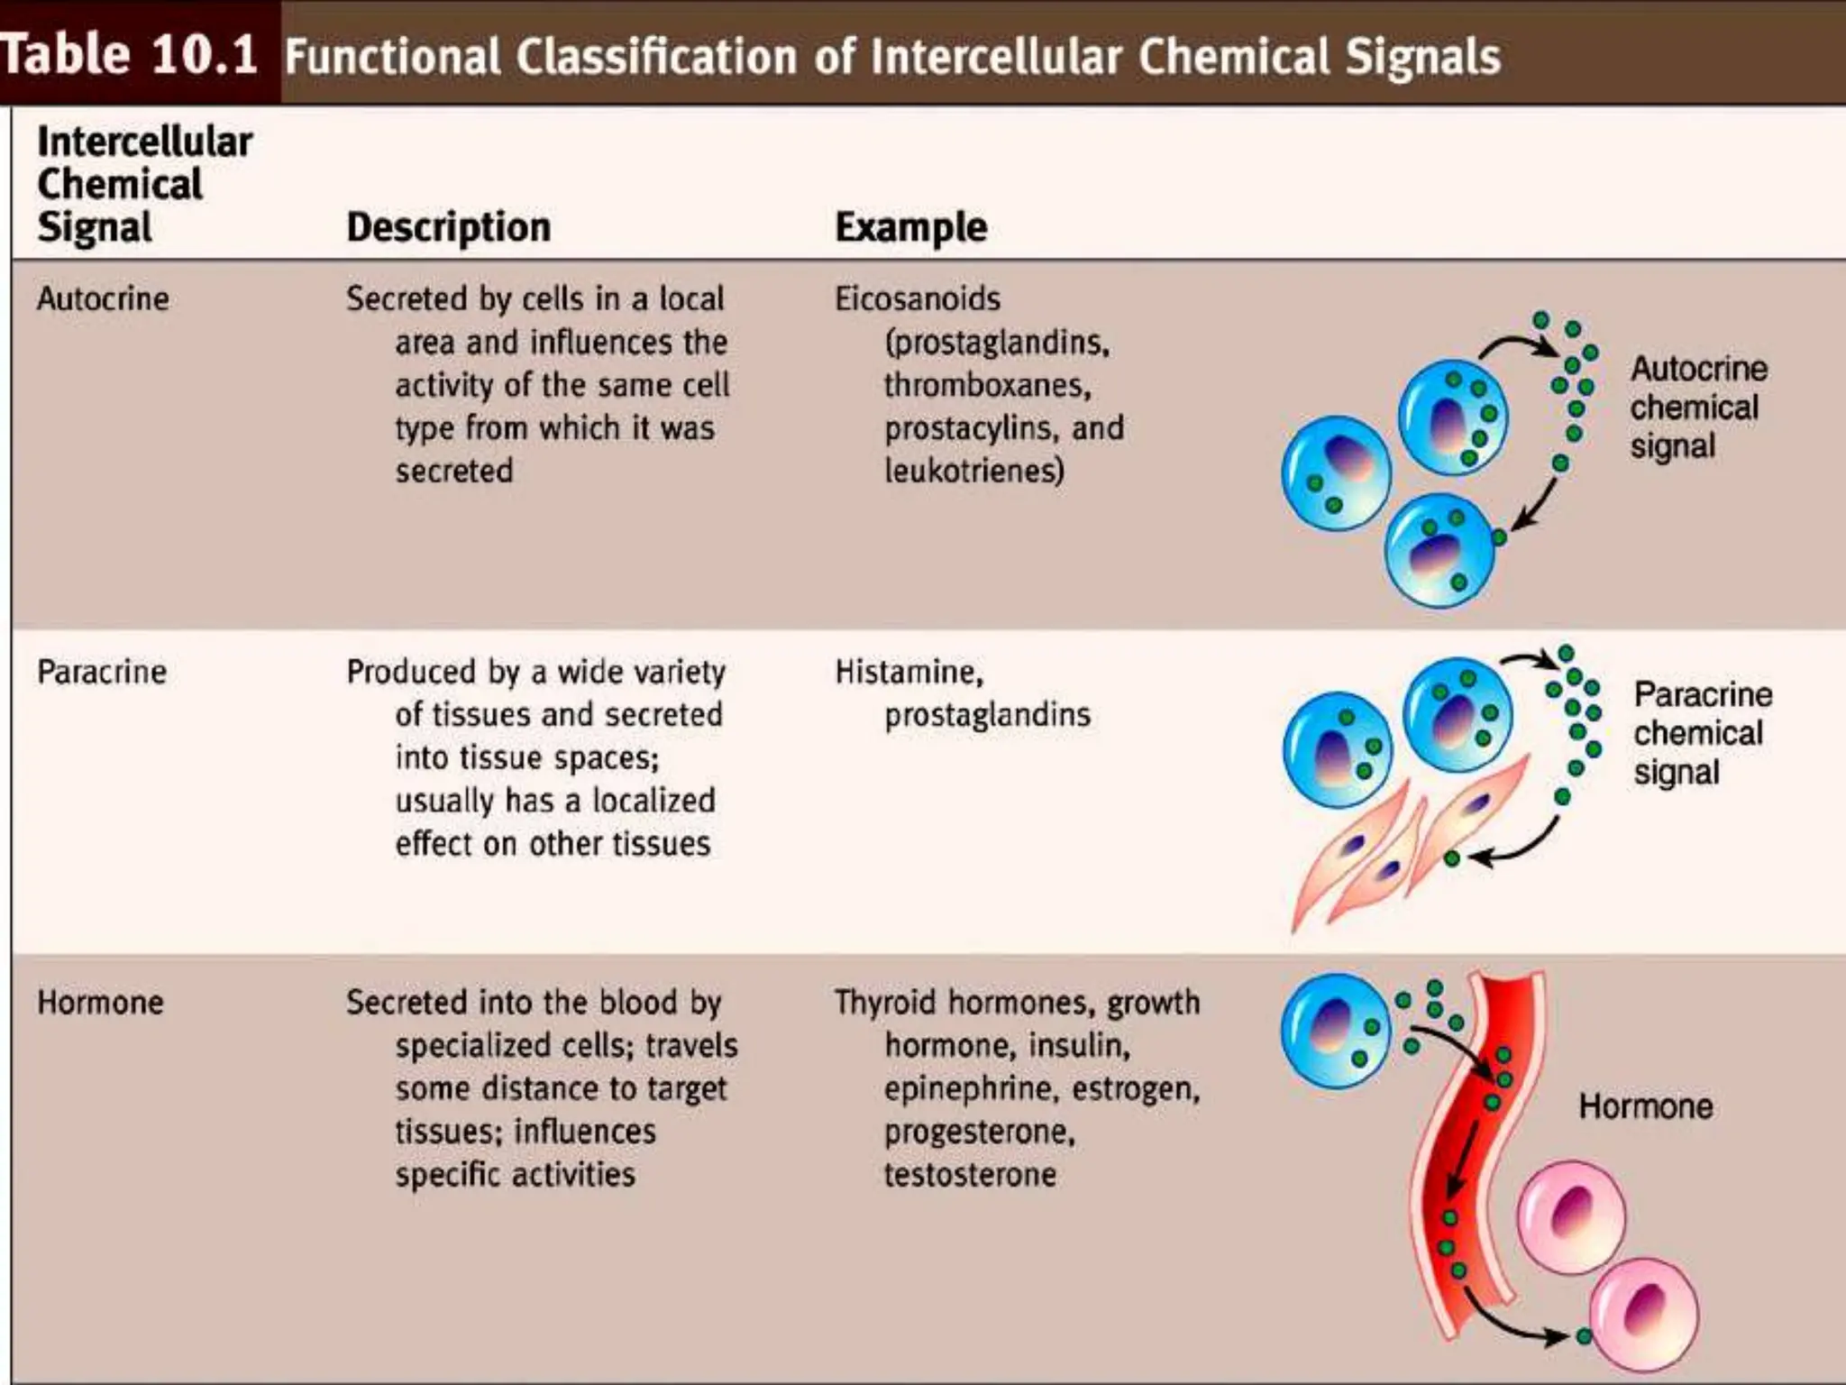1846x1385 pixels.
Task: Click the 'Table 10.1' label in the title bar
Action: [x=131, y=54]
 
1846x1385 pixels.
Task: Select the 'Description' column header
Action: [x=448, y=227]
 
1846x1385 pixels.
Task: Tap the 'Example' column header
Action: [x=910, y=227]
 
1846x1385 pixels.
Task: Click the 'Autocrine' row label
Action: [x=103, y=299]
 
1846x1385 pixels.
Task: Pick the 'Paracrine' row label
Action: [x=102, y=673]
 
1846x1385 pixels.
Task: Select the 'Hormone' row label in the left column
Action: [x=100, y=1003]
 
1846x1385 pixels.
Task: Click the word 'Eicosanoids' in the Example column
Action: [x=918, y=299]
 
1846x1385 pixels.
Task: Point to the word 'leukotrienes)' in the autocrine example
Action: [x=973, y=471]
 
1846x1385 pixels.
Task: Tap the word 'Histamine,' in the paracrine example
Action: [x=909, y=673]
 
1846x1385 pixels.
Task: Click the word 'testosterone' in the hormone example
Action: [x=970, y=1175]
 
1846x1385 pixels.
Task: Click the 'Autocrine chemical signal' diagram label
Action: [x=1697, y=408]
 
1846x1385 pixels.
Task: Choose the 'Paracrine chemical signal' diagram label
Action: [x=1702, y=733]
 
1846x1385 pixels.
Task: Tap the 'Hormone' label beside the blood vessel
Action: [x=1645, y=1106]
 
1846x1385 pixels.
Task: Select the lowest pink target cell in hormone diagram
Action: [x=1643, y=1315]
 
